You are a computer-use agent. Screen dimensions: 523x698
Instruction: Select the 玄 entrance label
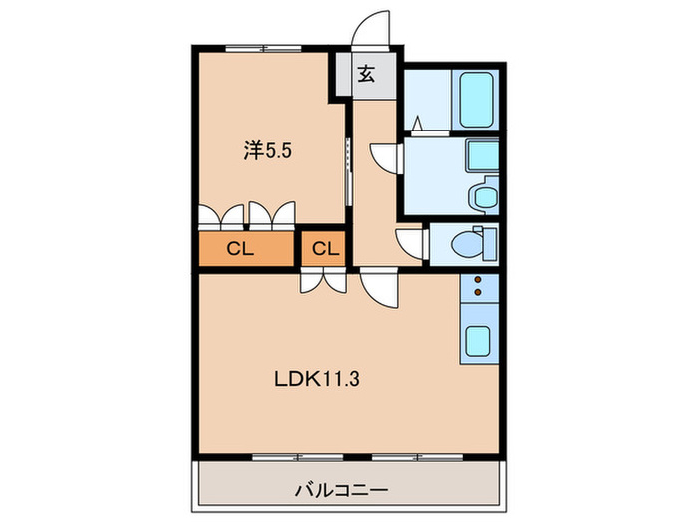[x=366, y=75]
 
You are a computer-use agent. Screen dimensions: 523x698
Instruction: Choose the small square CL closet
[x=325, y=249]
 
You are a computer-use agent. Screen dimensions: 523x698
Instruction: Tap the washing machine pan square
[x=483, y=156]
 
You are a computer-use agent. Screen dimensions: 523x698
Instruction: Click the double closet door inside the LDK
[x=321, y=281]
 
